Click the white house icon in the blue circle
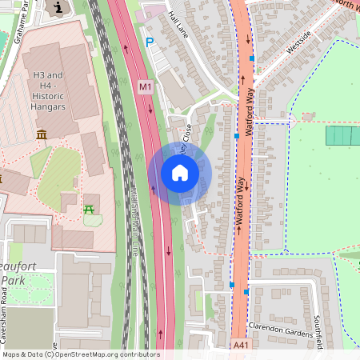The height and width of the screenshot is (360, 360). click(x=179, y=173)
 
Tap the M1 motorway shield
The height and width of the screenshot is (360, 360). click(x=145, y=86)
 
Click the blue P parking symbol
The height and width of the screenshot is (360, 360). click(x=149, y=42)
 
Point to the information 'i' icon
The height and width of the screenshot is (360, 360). click(x=56, y=8)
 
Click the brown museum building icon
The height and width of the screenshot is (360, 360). click(x=42, y=134)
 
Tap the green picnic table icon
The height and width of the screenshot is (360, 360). click(x=90, y=210)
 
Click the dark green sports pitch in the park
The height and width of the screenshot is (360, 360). click(x=342, y=136)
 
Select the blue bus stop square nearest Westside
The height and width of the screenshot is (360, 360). click(x=252, y=58)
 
